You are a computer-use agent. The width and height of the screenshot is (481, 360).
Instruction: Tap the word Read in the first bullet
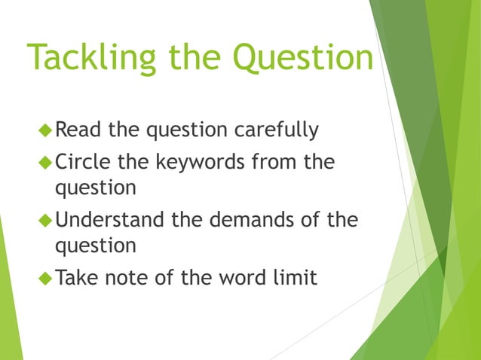pos(80,130)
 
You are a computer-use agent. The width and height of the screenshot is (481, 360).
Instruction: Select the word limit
pos(295,278)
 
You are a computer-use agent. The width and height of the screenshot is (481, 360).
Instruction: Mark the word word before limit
pos(243,278)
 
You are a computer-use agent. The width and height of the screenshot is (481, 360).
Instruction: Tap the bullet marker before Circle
pos(46,162)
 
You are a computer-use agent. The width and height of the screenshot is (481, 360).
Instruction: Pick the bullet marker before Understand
pos(46,221)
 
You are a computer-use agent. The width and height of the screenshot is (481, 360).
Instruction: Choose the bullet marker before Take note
pos(46,279)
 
